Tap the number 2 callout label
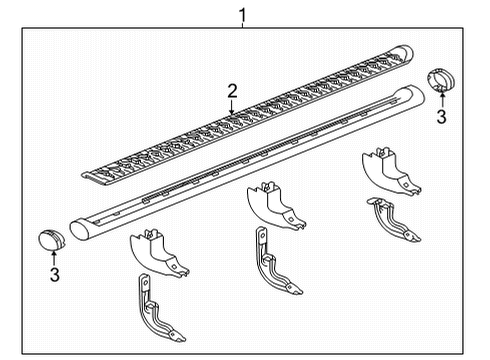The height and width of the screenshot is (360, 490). (x=232, y=91)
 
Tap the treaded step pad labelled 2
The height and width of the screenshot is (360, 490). (x=250, y=120)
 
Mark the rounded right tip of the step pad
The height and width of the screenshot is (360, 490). (x=405, y=52)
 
